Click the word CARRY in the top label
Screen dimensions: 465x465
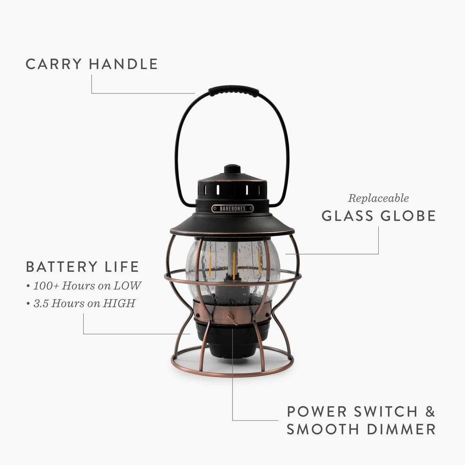[x=53, y=64]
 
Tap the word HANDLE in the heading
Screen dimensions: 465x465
[x=123, y=64]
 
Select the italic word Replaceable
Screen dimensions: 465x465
[x=378, y=198]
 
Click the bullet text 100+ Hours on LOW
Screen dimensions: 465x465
[x=87, y=286]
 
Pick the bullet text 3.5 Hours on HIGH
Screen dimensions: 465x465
[x=84, y=303]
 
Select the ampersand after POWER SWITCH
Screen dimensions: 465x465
[x=429, y=411]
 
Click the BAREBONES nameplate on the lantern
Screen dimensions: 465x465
[x=232, y=208]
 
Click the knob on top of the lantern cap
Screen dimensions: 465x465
[x=232, y=169]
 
